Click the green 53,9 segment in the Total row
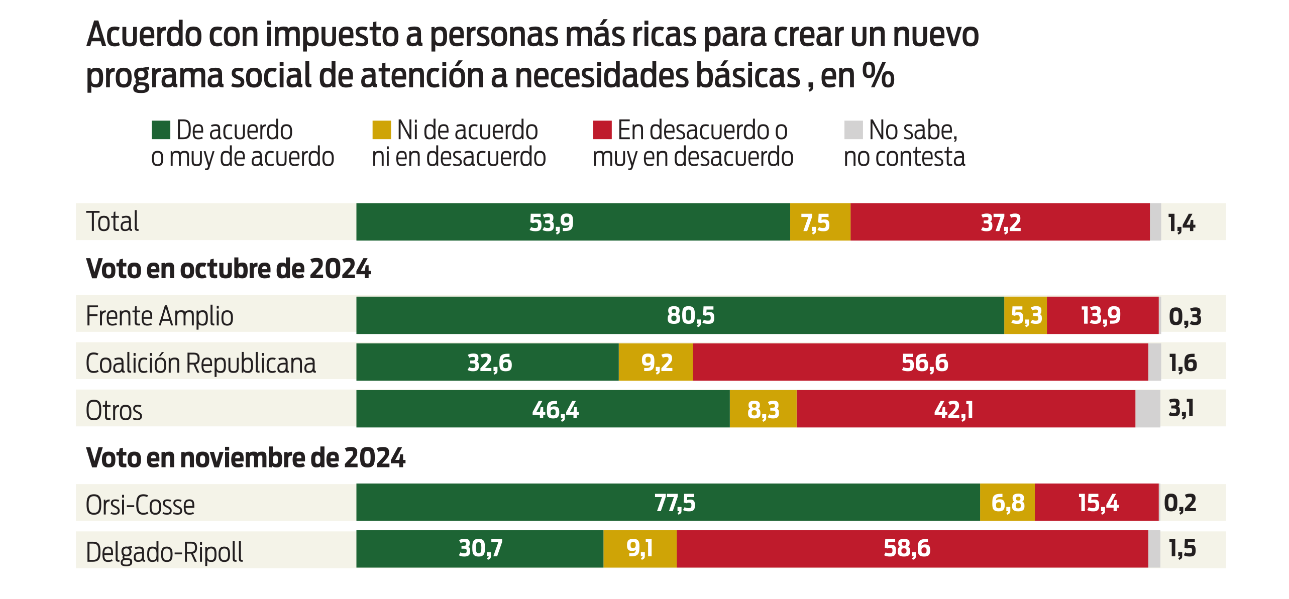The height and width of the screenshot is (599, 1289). (x=573, y=222)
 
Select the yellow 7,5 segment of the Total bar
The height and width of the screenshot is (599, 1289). (x=820, y=222)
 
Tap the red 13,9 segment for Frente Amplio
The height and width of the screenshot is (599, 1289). (x=1102, y=315)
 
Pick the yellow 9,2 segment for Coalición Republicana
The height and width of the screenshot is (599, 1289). (x=656, y=362)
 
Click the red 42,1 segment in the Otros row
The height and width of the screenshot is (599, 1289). (x=965, y=409)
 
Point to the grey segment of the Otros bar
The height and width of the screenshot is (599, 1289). (x=1147, y=409)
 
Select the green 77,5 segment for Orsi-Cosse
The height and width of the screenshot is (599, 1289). (x=668, y=503)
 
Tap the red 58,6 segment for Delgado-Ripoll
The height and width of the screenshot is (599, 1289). (x=912, y=549)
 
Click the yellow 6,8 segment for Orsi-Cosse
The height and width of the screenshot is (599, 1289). (x=1007, y=503)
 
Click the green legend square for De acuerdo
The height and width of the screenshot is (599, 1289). (x=161, y=130)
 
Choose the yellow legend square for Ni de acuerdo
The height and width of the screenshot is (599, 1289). (x=381, y=130)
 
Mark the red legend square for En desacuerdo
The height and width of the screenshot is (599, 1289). (x=602, y=130)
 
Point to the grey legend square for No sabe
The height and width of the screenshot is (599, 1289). (x=853, y=130)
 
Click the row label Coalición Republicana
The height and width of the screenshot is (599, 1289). (x=200, y=363)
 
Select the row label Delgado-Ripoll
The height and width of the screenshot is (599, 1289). (x=164, y=552)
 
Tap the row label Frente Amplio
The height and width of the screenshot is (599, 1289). (x=159, y=316)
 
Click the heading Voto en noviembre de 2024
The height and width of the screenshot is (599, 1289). (x=246, y=457)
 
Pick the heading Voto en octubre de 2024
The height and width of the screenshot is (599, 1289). (x=229, y=269)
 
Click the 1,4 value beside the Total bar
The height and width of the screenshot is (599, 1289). (x=1181, y=222)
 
